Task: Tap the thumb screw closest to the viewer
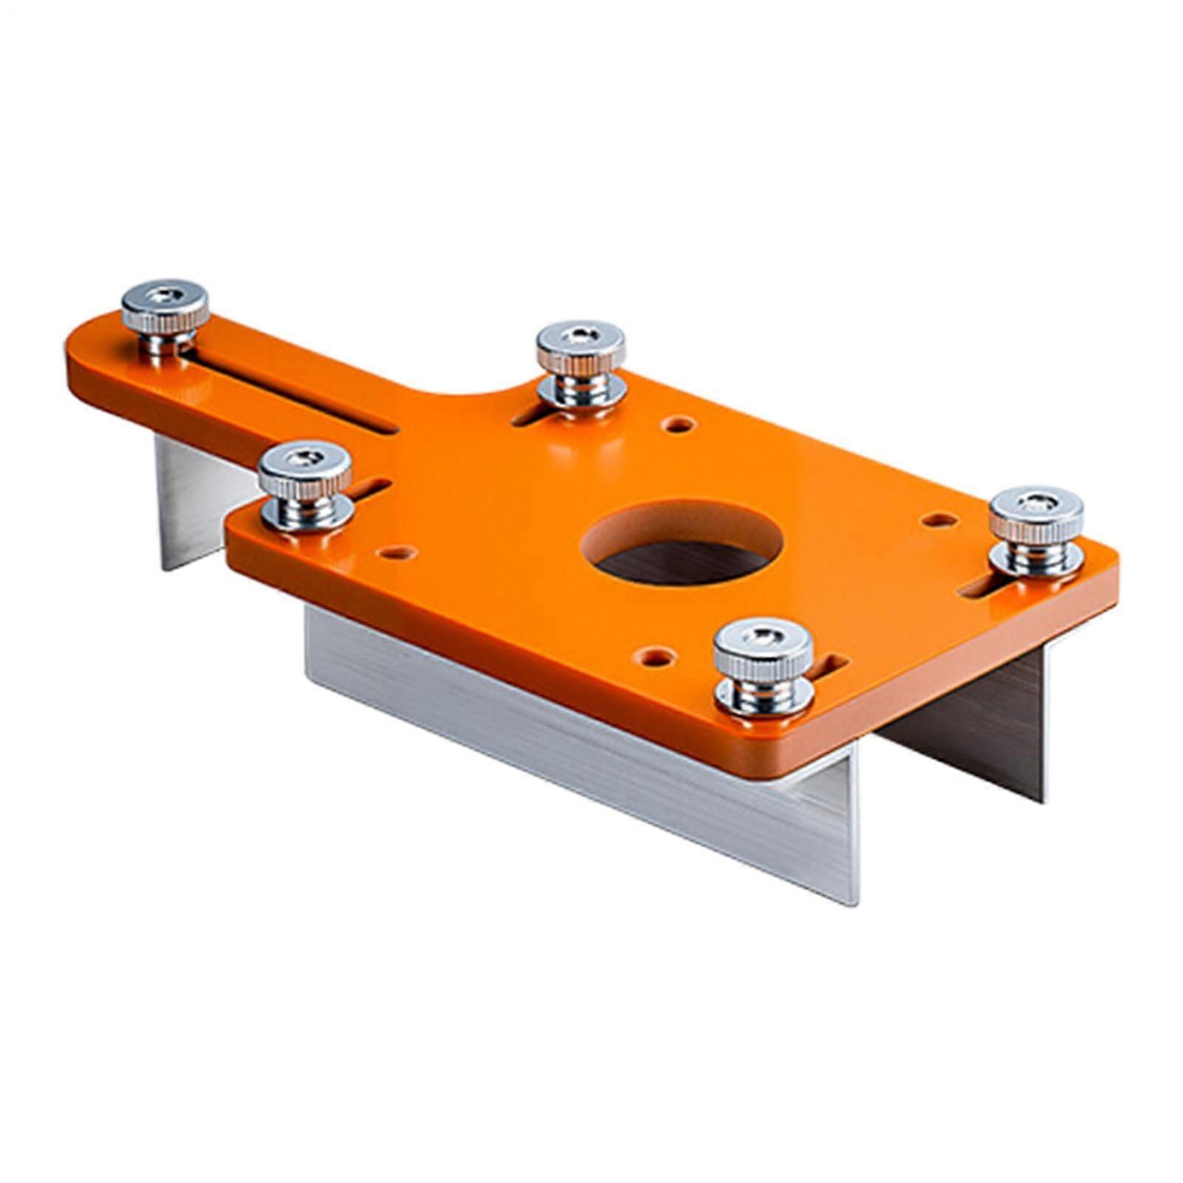763,665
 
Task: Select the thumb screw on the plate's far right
1036,530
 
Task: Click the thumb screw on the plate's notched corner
305,483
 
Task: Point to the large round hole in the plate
681,543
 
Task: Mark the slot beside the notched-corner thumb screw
369,487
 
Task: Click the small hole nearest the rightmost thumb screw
940,520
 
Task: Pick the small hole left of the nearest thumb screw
658,655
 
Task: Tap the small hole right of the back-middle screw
678,425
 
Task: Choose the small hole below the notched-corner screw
397,552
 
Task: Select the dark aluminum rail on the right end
975,724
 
